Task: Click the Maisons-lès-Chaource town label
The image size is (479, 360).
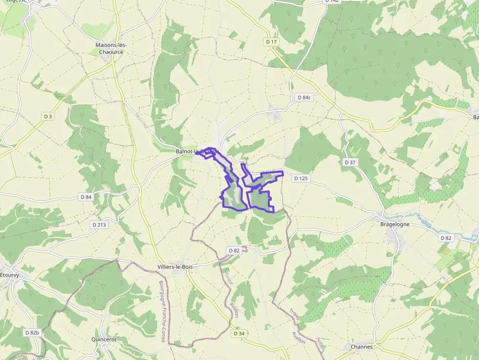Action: point(109,48)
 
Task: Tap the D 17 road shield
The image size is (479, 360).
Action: point(272,42)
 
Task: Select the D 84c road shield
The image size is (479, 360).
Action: point(304,98)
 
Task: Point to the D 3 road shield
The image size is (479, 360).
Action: point(48,116)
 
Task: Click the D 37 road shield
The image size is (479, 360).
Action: point(350,162)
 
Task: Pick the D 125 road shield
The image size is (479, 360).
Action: point(301,178)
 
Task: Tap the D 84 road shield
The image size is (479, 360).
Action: point(86,197)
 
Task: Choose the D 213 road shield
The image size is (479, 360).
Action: point(99,225)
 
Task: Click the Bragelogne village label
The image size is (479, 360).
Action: point(395,225)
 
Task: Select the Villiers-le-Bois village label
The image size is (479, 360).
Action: point(175,267)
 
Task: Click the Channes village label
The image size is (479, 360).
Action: point(362,347)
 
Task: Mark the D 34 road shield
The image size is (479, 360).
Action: point(239,333)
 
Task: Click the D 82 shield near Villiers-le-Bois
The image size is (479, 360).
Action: point(234,250)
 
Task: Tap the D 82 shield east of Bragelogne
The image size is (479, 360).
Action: point(446,238)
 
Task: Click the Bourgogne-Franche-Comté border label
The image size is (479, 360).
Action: point(162,311)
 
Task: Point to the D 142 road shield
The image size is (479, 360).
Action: point(331,1)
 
